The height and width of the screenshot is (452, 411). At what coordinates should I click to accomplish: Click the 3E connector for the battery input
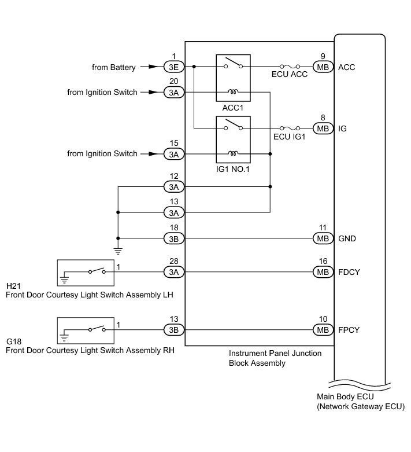click(x=173, y=67)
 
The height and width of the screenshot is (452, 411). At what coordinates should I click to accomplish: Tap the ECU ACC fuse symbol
click(x=290, y=67)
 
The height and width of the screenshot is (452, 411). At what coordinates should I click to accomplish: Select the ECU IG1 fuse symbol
click(x=290, y=128)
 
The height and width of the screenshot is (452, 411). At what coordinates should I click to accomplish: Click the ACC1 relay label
click(x=233, y=108)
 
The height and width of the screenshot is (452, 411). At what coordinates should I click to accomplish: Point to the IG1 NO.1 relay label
click(x=233, y=169)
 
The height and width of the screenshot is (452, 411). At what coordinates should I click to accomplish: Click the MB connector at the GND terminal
click(x=323, y=238)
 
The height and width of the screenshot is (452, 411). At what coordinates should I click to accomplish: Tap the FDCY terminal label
click(x=349, y=272)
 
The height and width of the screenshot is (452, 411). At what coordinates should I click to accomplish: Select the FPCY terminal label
click(x=349, y=330)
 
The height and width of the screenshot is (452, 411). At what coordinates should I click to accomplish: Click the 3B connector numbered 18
click(x=173, y=238)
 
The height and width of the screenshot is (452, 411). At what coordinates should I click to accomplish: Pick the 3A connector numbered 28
click(x=173, y=272)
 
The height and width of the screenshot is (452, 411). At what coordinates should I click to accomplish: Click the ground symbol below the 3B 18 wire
click(x=118, y=251)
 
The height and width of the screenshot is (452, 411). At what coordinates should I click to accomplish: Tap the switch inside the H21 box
click(x=97, y=271)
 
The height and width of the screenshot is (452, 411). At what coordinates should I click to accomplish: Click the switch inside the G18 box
click(x=97, y=329)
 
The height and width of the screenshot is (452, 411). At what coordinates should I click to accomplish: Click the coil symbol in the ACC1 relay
click(x=233, y=92)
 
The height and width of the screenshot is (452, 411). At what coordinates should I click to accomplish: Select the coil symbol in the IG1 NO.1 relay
click(x=233, y=153)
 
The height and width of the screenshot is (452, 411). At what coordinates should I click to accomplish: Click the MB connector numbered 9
click(x=323, y=67)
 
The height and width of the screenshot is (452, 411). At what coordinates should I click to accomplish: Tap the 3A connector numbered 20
click(x=173, y=92)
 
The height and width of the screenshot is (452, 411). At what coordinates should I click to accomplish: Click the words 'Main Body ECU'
click(x=345, y=396)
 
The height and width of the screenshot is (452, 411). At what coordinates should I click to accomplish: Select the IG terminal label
click(x=342, y=128)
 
